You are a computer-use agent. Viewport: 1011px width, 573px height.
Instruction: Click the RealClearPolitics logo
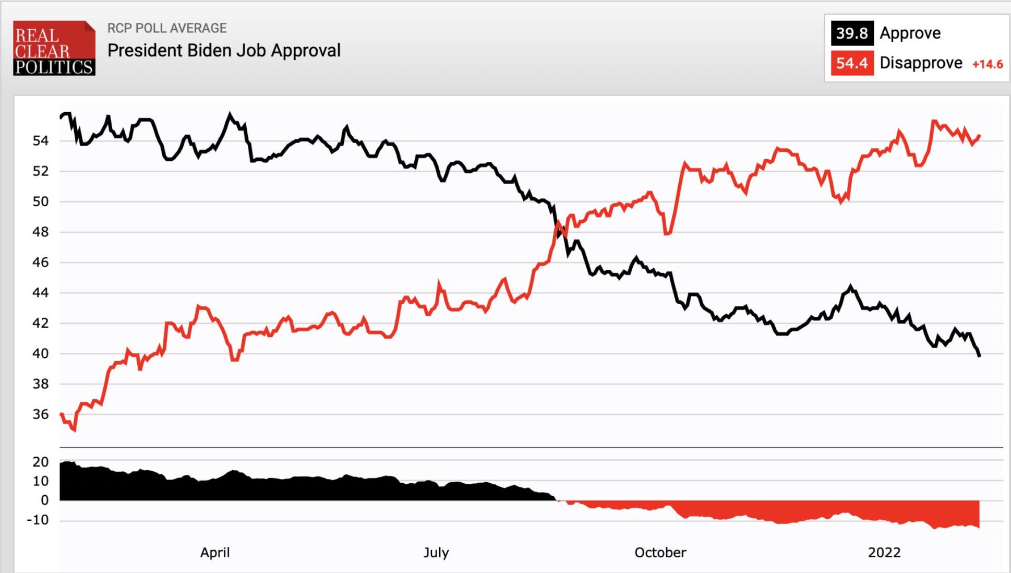[x=54, y=48]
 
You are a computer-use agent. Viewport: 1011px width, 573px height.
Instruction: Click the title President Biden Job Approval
[x=224, y=51]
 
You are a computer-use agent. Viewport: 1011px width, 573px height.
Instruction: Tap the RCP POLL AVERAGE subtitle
[x=167, y=28]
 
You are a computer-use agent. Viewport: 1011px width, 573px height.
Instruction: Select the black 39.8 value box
[x=851, y=33]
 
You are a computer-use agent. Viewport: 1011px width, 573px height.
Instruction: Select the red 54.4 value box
[x=851, y=63]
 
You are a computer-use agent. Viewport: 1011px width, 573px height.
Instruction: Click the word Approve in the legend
[x=910, y=33]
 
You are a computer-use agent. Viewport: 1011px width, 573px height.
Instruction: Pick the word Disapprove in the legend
[x=921, y=63]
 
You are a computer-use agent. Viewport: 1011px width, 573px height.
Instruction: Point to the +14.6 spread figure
[x=987, y=64]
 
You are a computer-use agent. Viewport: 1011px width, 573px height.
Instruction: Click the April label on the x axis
[x=214, y=552]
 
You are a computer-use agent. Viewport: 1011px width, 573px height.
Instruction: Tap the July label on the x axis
[x=436, y=552]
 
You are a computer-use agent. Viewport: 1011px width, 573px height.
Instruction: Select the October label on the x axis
[x=660, y=552]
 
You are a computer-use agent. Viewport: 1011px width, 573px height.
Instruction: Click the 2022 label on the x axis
[x=884, y=552]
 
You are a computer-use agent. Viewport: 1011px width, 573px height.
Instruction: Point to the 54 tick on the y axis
[x=41, y=140]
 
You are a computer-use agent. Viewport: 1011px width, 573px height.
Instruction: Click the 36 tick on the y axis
[x=41, y=414]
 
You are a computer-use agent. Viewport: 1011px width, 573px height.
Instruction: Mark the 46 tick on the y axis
[x=41, y=262]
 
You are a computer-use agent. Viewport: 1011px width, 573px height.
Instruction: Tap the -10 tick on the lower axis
[x=38, y=520]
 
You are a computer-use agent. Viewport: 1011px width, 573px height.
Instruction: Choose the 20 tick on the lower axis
[x=41, y=462]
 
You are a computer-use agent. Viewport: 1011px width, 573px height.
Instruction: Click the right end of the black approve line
[x=979, y=356]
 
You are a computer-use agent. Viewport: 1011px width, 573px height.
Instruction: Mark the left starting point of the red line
[x=62, y=414]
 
